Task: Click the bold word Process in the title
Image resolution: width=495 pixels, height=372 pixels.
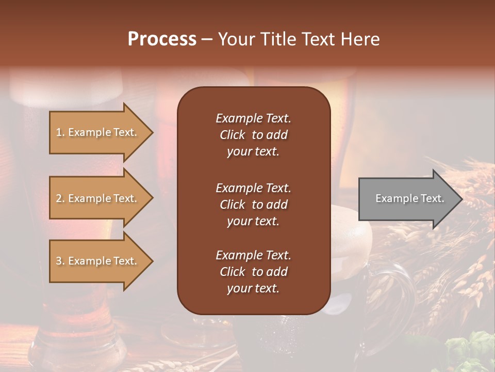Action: pos(162,39)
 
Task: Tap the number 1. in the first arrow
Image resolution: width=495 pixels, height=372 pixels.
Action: pos(60,132)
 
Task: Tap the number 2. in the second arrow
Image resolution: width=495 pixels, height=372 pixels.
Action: pos(60,198)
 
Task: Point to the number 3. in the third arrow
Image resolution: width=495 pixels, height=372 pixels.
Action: pos(60,261)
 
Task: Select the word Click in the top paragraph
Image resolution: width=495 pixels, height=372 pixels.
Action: pos(232,135)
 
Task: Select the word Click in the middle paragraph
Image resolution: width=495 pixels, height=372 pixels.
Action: pos(232,205)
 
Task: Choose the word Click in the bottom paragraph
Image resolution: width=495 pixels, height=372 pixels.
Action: pos(232,272)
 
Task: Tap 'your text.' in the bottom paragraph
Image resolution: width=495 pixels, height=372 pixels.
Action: pos(253,289)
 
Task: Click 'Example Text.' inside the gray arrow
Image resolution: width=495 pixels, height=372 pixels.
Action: pos(410,198)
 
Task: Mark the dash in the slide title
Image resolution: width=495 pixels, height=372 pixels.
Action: pos(207,39)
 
